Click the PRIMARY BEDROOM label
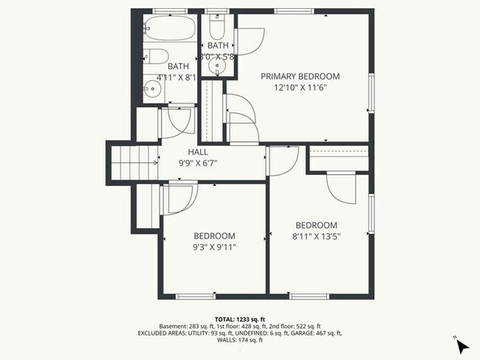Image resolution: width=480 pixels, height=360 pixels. [300, 76]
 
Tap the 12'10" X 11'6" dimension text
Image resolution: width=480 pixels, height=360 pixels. [300, 87]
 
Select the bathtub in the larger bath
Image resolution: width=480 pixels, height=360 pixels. [170, 30]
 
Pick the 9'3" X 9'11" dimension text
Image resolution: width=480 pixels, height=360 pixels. [214, 247]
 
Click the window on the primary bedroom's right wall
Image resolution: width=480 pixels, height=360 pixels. [371, 94]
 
